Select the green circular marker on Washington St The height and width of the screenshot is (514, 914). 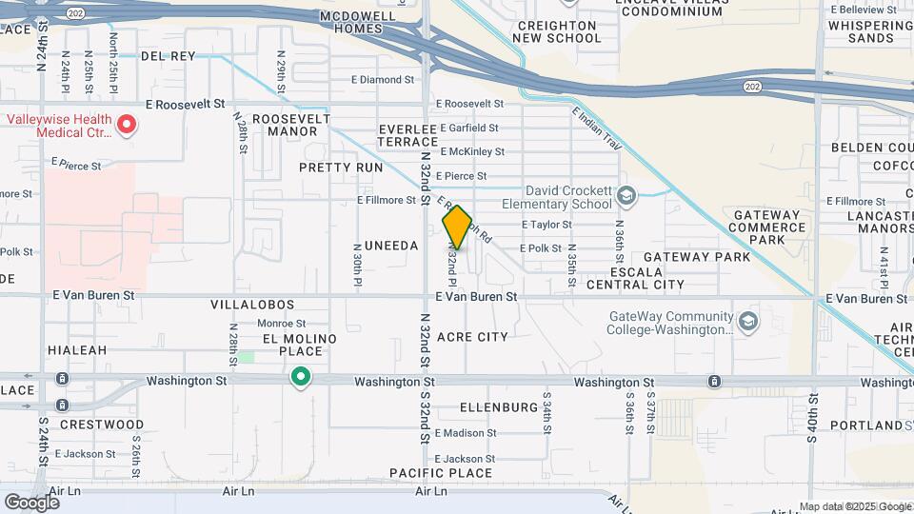301,379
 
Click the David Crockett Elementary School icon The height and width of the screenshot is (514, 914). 626,196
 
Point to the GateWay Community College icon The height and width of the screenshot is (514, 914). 747,321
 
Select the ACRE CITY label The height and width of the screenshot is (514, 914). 472,337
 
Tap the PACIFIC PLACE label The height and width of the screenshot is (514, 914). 441,473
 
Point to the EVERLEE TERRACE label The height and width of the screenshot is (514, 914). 407,135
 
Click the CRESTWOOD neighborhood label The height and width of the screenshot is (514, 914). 101,425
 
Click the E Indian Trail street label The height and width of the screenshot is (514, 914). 597,129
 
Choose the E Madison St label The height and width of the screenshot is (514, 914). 466,433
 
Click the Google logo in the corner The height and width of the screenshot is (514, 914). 31,502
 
